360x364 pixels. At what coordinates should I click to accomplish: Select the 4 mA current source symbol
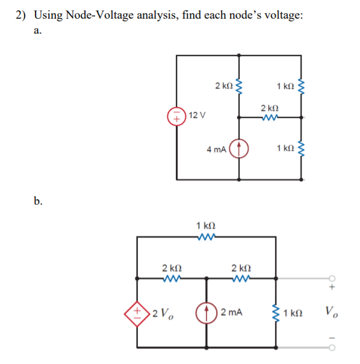[240, 148]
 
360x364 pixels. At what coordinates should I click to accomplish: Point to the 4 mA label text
[216, 149]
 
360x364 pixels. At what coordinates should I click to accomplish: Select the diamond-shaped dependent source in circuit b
[138, 313]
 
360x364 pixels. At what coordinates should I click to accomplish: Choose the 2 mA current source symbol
[207, 313]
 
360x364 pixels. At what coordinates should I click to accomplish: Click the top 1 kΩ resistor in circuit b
[206, 237]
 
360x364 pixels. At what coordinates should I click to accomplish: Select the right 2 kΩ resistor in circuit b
[241, 278]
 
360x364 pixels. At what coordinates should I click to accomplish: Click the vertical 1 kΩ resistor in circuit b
[276, 313]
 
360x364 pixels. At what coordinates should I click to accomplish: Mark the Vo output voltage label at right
[331, 312]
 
